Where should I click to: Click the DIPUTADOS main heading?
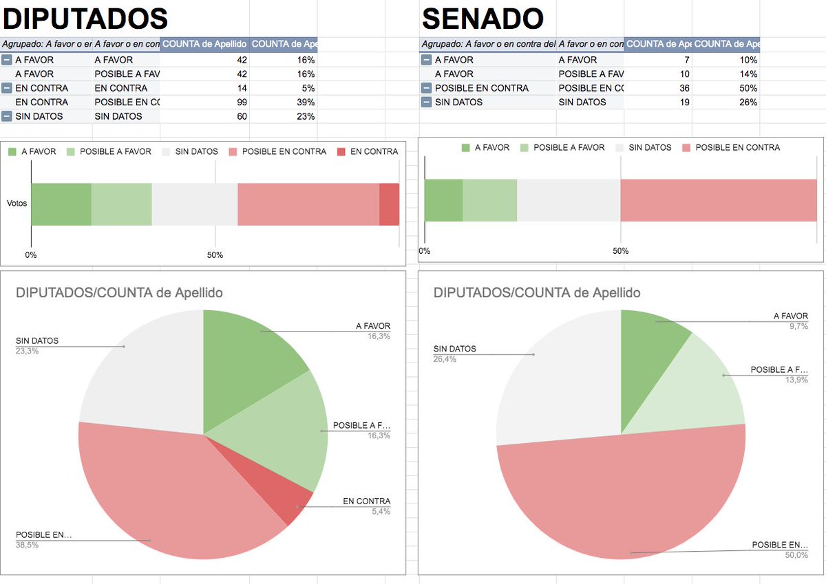(85, 19)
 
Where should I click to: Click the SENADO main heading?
(483, 19)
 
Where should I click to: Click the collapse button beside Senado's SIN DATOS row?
(426, 102)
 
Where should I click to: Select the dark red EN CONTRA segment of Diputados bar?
(390, 204)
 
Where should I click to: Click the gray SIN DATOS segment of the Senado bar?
(569, 200)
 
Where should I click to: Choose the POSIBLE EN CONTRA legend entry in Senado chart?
(731, 147)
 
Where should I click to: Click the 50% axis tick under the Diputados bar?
(215, 255)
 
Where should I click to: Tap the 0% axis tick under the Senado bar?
(425, 251)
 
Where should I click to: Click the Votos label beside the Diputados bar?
(17, 203)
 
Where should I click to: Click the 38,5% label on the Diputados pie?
(27, 545)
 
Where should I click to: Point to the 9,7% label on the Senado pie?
(798, 326)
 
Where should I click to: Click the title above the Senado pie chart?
(536, 292)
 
